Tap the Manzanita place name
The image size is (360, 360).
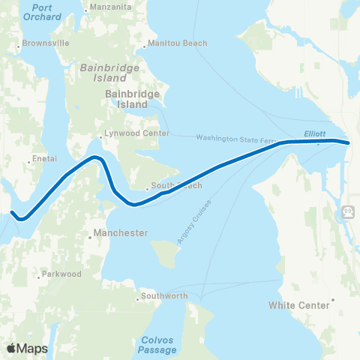point(109,8)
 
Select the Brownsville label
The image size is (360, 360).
point(46,43)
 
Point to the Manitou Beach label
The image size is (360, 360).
point(179,43)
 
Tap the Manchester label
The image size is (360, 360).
point(121,233)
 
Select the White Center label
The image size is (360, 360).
point(299,305)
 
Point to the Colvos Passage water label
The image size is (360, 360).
point(158,344)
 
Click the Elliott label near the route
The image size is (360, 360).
point(314,133)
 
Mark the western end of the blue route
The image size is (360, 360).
point(13,212)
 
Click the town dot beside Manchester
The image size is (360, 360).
point(89,233)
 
